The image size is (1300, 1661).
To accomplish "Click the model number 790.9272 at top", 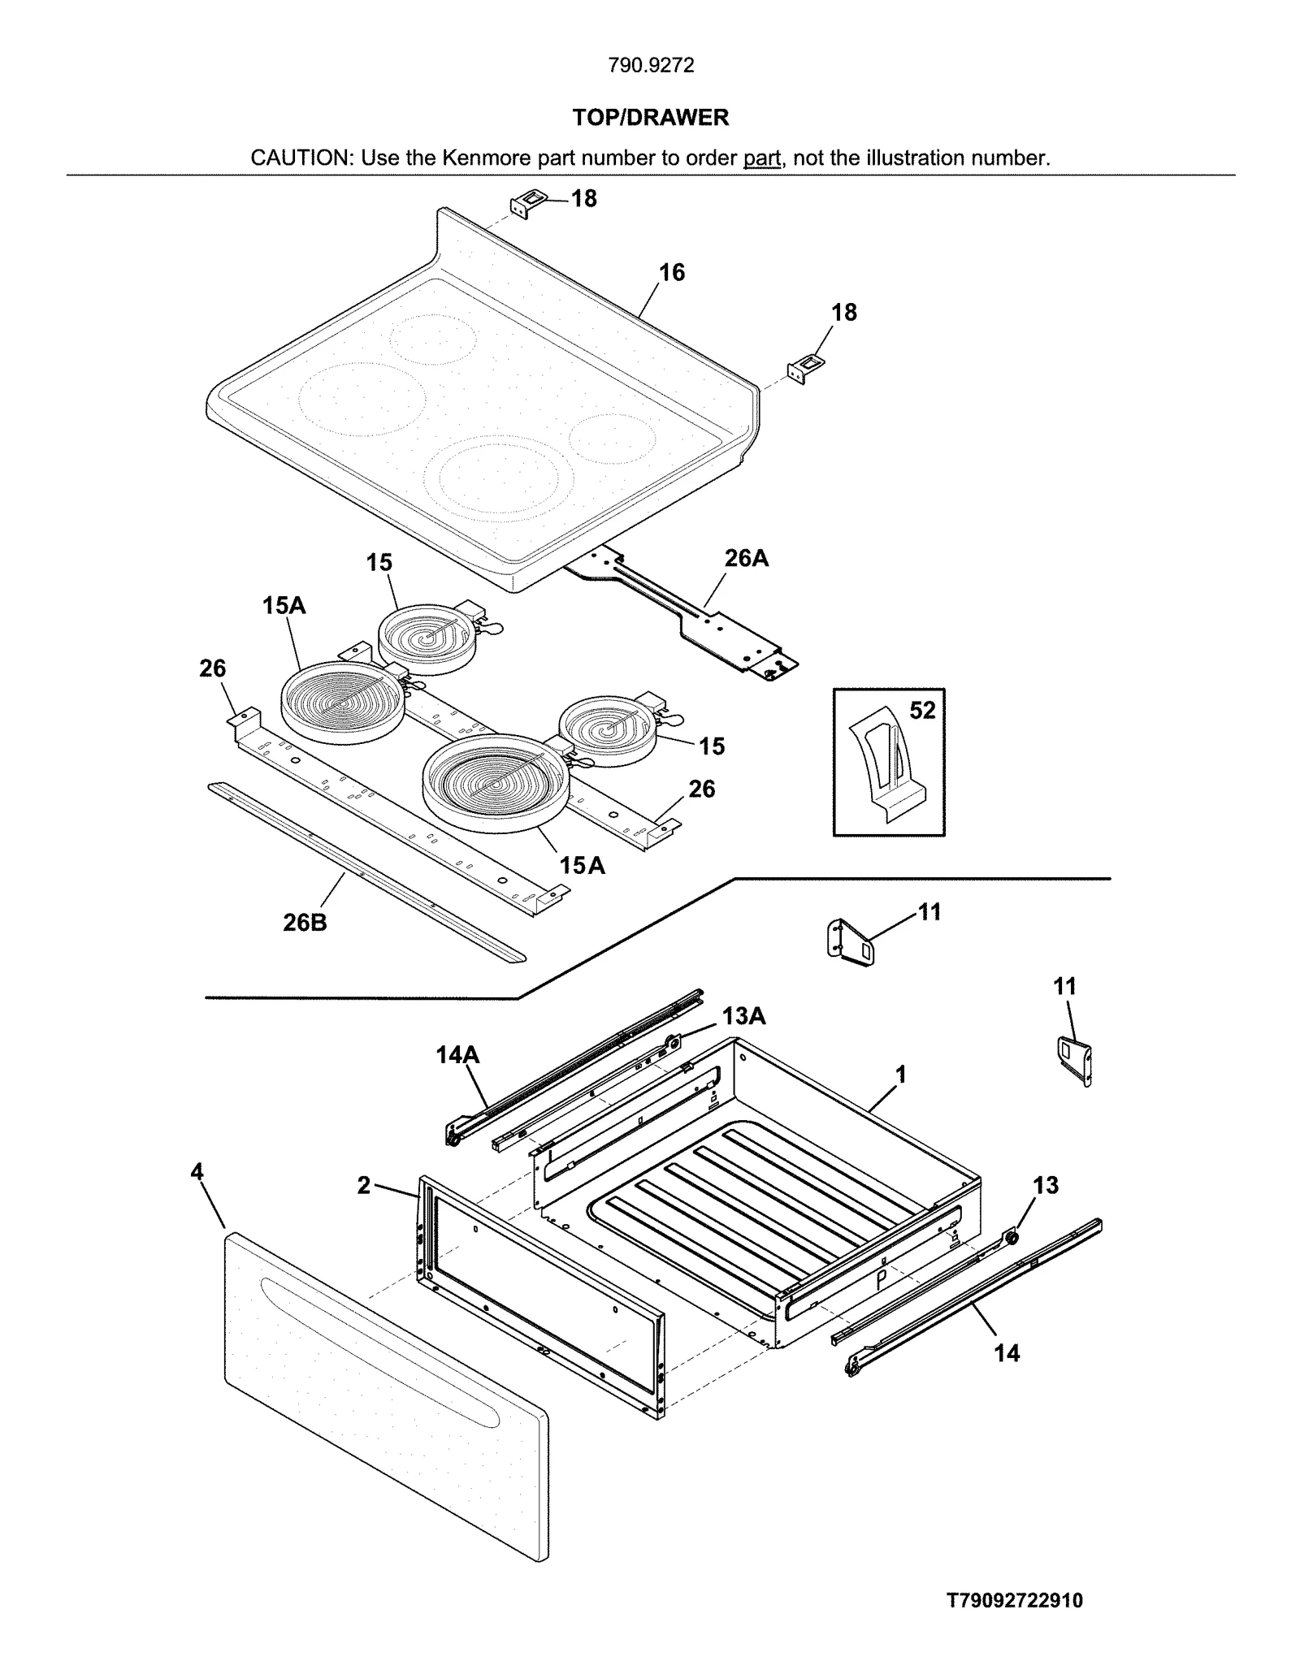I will tap(651, 66).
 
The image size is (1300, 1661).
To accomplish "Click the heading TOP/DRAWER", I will tap(650, 118).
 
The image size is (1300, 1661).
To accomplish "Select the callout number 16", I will tap(671, 272).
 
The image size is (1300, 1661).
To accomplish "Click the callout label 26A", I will tap(746, 558).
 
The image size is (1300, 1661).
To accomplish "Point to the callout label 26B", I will tap(305, 923).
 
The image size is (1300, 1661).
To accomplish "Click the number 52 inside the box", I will tap(922, 711).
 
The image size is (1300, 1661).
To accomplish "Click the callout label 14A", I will tap(457, 1055).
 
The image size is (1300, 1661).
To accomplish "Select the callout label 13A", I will tap(743, 1016).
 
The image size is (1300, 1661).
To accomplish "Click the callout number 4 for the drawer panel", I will tap(197, 1171).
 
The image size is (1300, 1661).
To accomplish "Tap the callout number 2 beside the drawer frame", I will tap(363, 1186).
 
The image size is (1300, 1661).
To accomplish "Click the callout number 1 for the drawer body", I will tap(900, 1075).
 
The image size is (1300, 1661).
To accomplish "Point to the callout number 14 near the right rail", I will tap(1007, 1353).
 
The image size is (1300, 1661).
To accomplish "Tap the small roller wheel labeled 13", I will tap(1012, 1238).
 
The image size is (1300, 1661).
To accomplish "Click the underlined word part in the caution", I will tap(761, 158).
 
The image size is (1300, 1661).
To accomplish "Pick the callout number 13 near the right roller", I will tap(1045, 1186).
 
